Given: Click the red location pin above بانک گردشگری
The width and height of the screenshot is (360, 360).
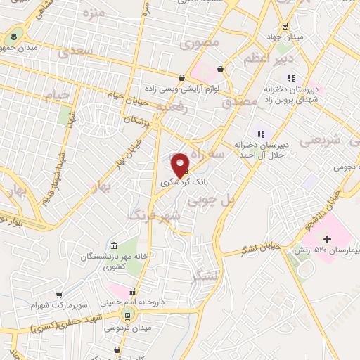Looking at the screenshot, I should click(181, 165).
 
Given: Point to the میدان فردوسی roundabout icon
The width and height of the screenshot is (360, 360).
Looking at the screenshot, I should click(127, 314).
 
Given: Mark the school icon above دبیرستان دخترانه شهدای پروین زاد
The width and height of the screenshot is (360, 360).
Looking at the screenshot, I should click(292, 79).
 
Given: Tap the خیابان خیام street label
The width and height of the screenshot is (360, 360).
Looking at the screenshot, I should click(126, 97).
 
